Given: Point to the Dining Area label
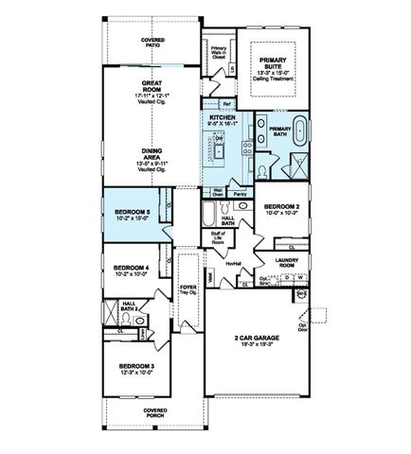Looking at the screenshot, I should click(x=151, y=154).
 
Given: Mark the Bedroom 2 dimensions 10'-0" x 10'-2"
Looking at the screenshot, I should click(x=281, y=214).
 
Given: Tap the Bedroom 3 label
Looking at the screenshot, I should click(x=137, y=368).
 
